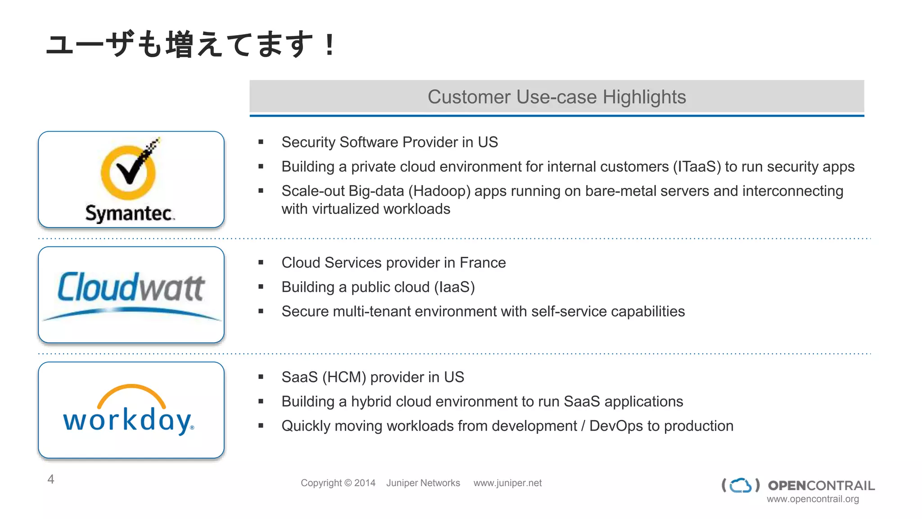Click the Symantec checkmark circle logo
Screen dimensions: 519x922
tap(128, 172)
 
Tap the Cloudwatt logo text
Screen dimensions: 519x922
tap(131, 287)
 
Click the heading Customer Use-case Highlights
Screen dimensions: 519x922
tap(556, 97)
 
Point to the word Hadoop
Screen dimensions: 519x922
tap(439, 191)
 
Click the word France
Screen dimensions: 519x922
tap(483, 263)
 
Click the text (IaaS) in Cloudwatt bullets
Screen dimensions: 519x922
tap(454, 287)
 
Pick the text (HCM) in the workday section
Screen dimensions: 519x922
tap(344, 377)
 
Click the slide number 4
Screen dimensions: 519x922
tap(51, 479)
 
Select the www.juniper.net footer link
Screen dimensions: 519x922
tap(507, 483)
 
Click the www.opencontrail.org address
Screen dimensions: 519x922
tap(813, 499)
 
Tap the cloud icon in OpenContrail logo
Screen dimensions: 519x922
tap(741, 485)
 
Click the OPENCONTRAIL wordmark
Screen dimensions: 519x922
tap(821, 485)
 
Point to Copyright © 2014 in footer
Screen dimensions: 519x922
tap(338, 483)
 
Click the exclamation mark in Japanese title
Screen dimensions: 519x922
tap(330, 45)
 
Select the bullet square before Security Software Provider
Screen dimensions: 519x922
tap(261, 142)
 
